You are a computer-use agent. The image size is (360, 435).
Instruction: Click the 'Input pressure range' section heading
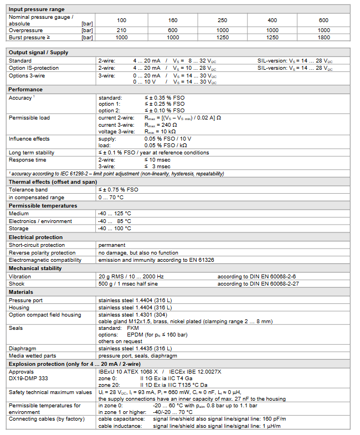point(37,9)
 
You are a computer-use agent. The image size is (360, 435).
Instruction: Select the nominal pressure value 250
point(222,20)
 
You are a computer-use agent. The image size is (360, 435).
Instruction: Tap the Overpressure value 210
point(121,30)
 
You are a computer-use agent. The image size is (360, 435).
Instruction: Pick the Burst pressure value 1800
point(323,37)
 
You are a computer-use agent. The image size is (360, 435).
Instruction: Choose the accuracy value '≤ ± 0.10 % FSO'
point(164,111)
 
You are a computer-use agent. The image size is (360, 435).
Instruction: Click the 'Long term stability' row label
point(32,152)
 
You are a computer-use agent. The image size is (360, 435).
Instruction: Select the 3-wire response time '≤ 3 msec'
point(157,166)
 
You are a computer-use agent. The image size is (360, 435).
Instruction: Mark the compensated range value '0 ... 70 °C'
point(111,197)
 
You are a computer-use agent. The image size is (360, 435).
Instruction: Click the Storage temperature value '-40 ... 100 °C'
point(115,228)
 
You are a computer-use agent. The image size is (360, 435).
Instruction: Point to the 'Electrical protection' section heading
point(36,237)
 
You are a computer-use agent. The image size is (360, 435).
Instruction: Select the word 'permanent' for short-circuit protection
point(112,245)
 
